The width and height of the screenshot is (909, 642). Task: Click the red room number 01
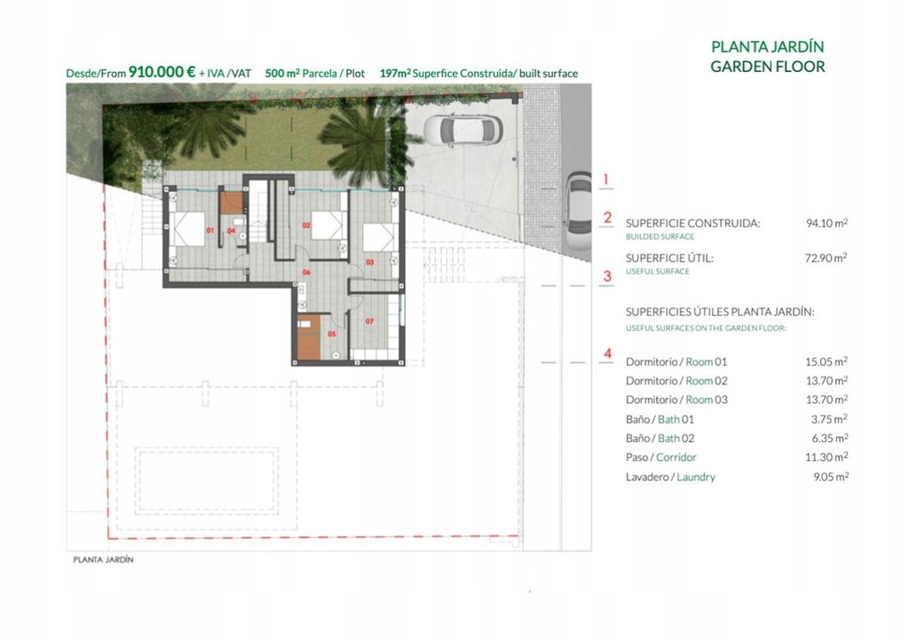point(209,230)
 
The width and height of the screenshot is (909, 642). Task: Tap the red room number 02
point(306,225)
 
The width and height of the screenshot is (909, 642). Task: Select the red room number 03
point(370,262)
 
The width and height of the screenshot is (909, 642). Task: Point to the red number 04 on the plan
point(232,231)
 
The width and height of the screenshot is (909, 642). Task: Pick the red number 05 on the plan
point(332,334)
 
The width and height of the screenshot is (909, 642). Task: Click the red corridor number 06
point(306,272)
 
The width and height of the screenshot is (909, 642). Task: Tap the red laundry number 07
point(370,321)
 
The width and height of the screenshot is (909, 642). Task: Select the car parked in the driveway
point(462,130)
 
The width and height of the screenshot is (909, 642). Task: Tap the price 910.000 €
point(162,72)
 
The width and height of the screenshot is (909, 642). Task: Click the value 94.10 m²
point(826,223)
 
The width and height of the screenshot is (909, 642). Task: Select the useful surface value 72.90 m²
point(826,258)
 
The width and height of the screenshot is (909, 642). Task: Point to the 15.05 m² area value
point(826,361)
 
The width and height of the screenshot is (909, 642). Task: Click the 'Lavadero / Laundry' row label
point(670,478)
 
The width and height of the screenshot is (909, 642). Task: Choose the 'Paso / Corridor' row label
point(660,457)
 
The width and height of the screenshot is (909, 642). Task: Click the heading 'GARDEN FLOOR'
point(768,67)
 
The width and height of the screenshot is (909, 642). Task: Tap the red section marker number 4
point(607,353)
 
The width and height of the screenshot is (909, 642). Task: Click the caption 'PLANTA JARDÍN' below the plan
point(103,559)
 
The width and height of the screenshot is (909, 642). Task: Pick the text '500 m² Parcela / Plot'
point(315,73)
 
